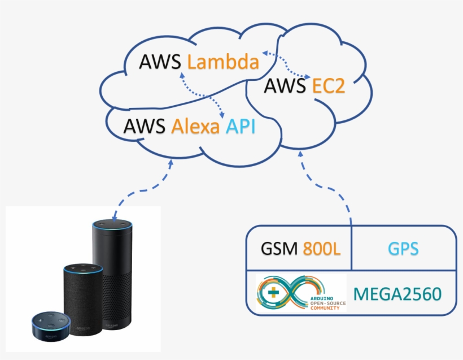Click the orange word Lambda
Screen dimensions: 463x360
coord(223,62)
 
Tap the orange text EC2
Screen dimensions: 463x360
coord(329,86)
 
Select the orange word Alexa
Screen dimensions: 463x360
coord(195,126)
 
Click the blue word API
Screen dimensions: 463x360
coord(241,126)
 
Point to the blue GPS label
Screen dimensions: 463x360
coord(403,249)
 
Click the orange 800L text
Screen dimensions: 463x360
coord(322,249)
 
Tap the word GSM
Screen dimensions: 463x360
coord(279,249)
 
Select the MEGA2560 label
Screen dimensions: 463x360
coord(397,294)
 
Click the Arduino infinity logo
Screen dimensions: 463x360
coord(301,293)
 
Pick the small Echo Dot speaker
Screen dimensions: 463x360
coord(51,326)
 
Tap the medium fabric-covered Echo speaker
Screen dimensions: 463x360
coord(83,299)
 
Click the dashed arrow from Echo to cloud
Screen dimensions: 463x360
coord(144,190)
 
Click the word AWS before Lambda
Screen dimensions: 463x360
coord(160,62)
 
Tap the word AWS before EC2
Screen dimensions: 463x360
coord(285,86)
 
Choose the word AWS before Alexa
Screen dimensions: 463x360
coord(144,126)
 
